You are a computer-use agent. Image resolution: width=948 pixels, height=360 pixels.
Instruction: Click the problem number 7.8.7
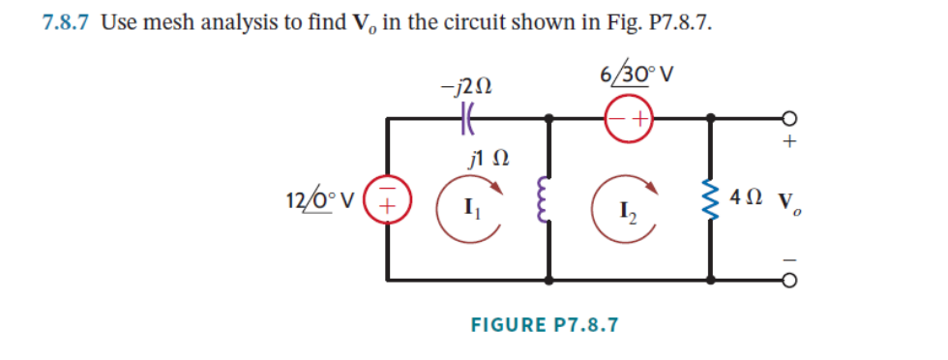click(x=67, y=23)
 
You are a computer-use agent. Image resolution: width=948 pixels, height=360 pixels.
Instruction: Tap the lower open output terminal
click(x=790, y=281)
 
